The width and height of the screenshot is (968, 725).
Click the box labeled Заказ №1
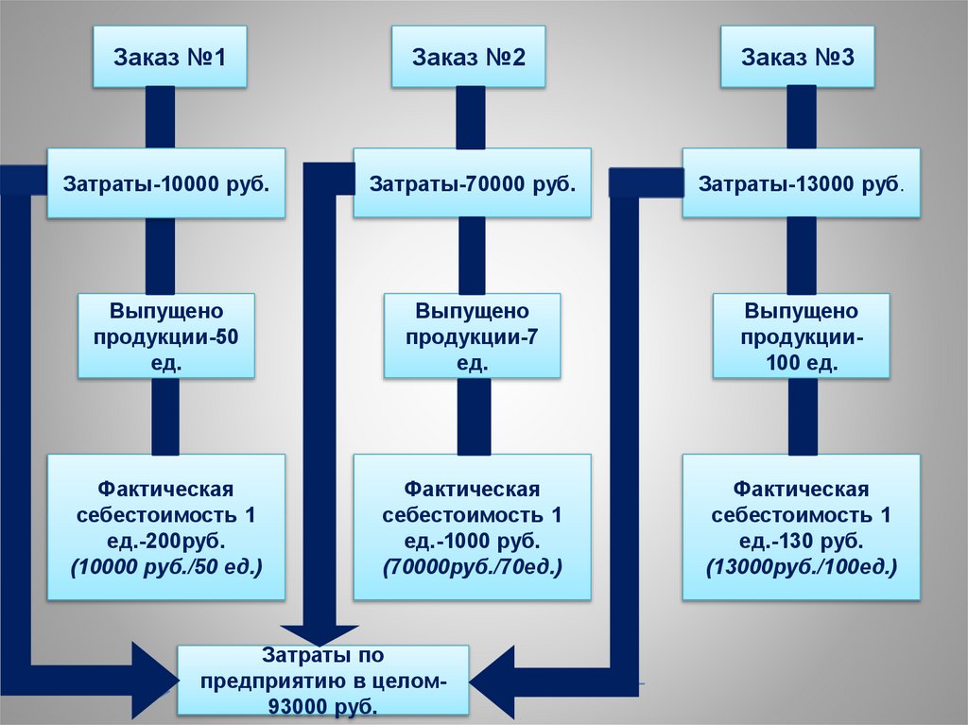pyautogui.click(x=170, y=56)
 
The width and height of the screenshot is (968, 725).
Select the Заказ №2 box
pyautogui.click(x=468, y=56)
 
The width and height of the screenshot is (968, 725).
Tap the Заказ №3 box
pyautogui.click(x=797, y=56)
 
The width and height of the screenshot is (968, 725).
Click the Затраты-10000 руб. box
pyautogui.click(x=165, y=182)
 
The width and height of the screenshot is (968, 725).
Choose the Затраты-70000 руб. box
pyautogui.click(x=472, y=182)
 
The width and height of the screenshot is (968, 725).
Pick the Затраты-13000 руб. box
pyautogui.click(x=801, y=182)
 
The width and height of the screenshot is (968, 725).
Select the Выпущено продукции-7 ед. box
pyautogui.click(x=472, y=336)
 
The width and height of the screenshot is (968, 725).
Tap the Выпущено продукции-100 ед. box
pyautogui.click(x=801, y=336)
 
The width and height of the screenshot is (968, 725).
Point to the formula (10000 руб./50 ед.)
pyautogui.click(x=165, y=567)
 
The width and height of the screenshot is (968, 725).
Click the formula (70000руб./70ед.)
pyautogui.click(x=472, y=567)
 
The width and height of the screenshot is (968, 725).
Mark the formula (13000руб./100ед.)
pyautogui.click(x=801, y=567)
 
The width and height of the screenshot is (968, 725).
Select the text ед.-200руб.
pyautogui.click(x=165, y=542)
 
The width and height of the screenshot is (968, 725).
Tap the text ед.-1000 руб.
pyautogui.click(x=472, y=542)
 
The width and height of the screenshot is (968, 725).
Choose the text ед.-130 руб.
pyautogui.click(x=801, y=542)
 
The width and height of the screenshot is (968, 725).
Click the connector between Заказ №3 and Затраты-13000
pyautogui.click(x=802, y=116)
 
